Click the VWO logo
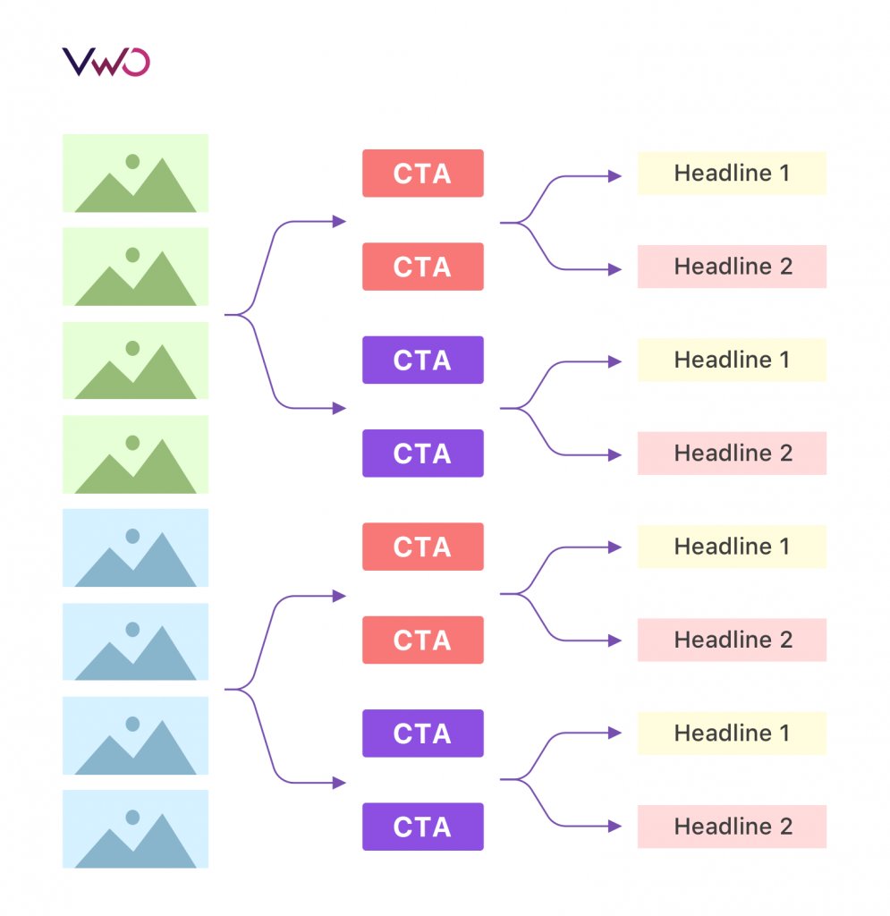106,62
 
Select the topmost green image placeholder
135,173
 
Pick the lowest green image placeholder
135,454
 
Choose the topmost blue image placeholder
135,547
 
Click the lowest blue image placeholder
135,828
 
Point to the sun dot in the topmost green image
132,161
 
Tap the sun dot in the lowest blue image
132,817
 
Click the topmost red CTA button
422,174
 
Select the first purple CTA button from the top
422,360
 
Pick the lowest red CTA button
422,640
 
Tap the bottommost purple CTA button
422,827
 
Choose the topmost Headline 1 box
731,174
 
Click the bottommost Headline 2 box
731,827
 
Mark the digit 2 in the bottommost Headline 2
784,827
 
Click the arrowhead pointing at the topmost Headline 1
615,176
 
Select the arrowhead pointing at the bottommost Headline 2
615,826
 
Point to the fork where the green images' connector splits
243,315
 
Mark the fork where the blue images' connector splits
243,689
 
